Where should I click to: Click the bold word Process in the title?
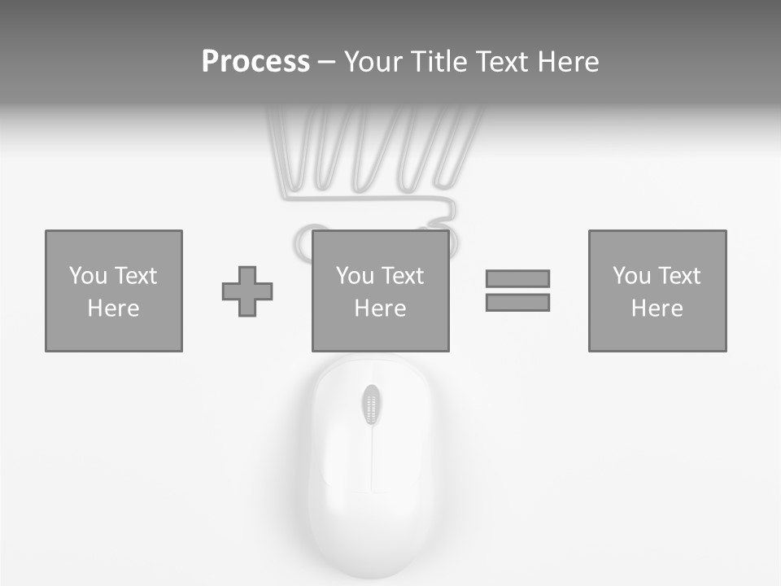255,62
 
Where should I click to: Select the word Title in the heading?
439,62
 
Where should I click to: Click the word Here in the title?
569,62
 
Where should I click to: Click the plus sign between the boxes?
247,291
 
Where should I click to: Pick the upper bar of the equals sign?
517,278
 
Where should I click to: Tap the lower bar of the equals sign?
517,302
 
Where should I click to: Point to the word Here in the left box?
113,308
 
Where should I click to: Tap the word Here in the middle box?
380,308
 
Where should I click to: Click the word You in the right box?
631,276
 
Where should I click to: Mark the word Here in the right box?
657,308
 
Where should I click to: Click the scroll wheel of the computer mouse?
372,405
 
